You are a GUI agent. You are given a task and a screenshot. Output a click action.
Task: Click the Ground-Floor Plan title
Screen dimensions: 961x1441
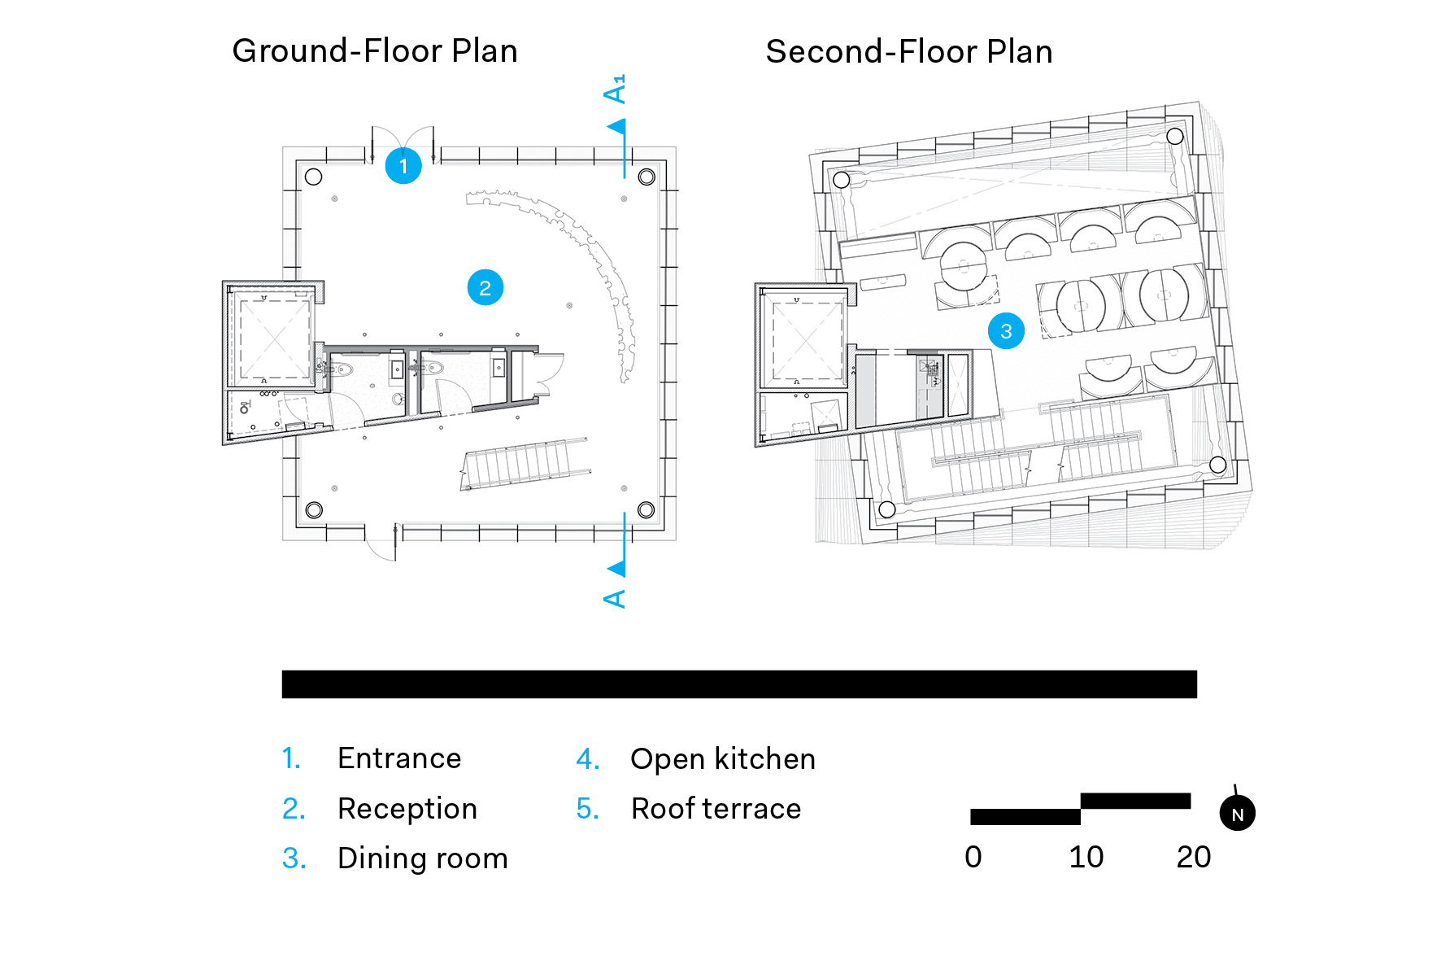point(375,50)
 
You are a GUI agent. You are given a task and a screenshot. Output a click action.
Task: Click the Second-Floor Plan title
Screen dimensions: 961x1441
point(909,51)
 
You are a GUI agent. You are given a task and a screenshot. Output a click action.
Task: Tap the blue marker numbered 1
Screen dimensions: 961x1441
point(403,166)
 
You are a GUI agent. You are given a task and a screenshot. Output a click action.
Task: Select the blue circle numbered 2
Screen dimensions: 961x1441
point(485,288)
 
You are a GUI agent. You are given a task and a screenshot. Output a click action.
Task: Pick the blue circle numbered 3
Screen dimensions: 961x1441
point(1006,331)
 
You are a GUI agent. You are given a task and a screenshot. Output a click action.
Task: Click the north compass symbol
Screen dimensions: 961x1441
point(1237,813)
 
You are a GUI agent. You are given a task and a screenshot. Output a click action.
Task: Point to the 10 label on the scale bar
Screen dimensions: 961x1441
point(1086,857)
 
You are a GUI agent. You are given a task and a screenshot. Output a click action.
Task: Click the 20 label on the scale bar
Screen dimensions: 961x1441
point(1193,857)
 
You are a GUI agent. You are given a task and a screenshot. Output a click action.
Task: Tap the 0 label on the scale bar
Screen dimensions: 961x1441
point(973,857)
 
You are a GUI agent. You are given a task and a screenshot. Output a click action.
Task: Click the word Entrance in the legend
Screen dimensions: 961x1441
point(399,758)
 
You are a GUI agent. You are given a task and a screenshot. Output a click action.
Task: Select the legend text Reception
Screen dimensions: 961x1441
point(407,809)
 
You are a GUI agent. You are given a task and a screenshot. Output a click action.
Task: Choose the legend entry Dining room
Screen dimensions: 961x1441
point(423,858)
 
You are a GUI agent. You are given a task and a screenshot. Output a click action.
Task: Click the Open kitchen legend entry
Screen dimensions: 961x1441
point(723,759)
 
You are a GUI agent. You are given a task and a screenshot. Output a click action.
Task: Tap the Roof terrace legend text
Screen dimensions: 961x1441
point(716,809)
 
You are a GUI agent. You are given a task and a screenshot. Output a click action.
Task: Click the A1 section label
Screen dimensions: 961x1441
point(616,89)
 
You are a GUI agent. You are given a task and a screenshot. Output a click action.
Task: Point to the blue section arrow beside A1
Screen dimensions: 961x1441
point(618,127)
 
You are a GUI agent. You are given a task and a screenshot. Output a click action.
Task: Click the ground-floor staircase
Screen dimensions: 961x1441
point(525,465)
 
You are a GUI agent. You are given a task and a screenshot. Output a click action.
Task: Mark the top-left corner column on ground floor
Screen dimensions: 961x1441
point(313,177)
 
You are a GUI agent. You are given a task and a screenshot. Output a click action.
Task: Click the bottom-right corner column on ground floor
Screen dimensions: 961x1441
point(646,510)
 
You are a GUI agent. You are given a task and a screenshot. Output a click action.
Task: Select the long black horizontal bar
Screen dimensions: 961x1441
point(739,684)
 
